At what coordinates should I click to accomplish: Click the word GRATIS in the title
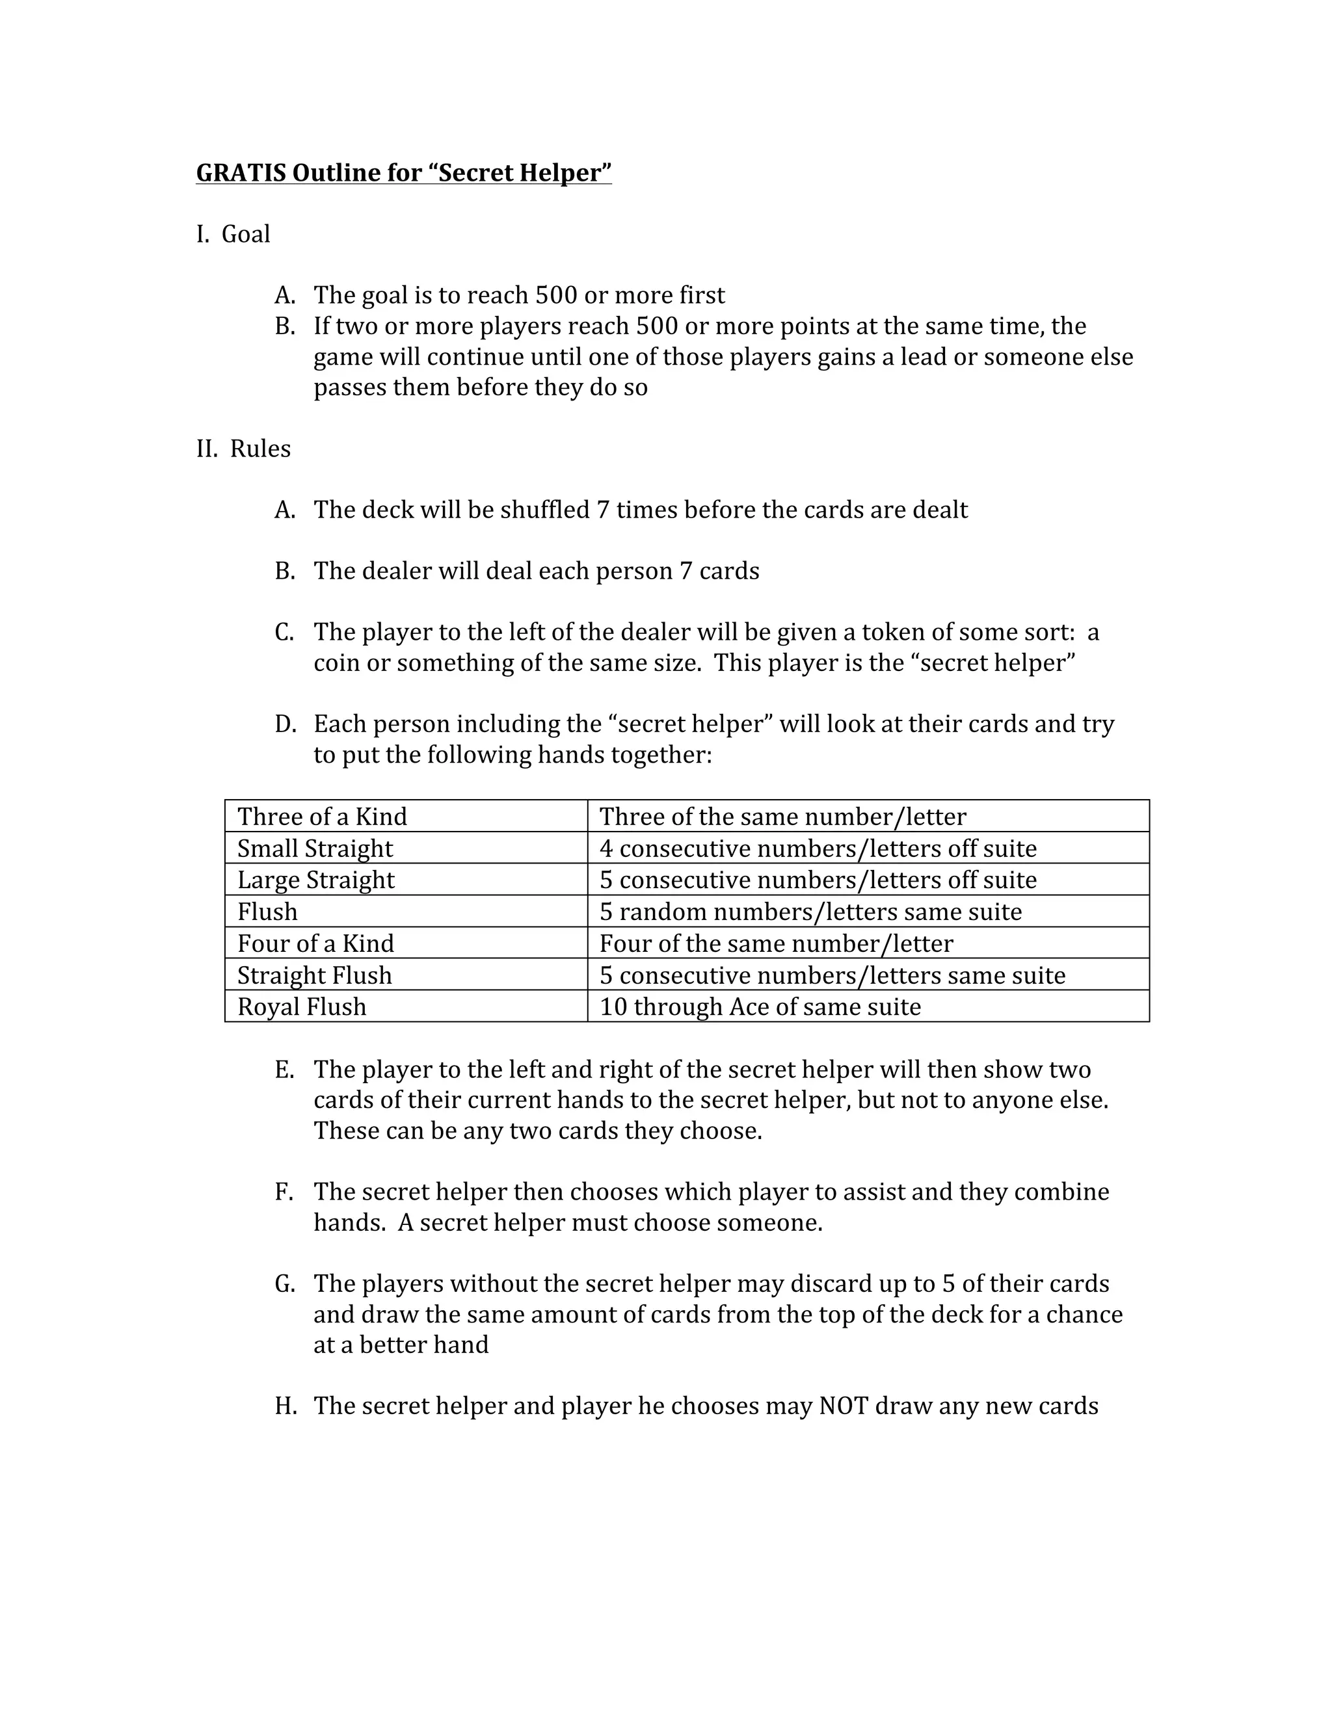(241, 173)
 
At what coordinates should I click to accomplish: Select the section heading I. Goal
(233, 234)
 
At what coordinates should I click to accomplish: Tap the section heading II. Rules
(243, 449)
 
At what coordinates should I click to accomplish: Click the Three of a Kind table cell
(322, 817)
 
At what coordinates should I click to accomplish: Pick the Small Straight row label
(315, 849)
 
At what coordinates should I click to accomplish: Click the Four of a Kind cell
(315, 943)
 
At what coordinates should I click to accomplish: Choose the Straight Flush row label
(314, 976)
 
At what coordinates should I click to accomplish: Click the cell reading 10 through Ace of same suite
(760, 1007)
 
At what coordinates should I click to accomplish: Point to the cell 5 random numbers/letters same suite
(810, 912)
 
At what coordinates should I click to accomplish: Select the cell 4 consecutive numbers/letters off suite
(818, 849)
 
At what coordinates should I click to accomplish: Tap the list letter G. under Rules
(285, 1284)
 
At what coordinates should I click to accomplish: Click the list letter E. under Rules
(284, 1071)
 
